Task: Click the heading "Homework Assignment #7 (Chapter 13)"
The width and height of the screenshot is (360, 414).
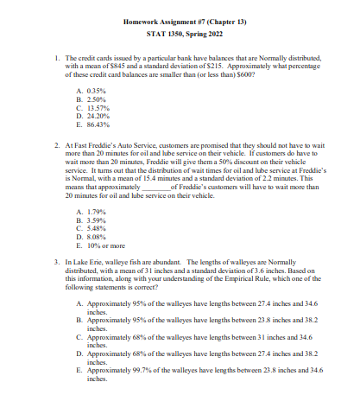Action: pyautogui.click(x=180, y=19)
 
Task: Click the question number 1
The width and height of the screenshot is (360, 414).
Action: pyautogui.click(x=57, y=57)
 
